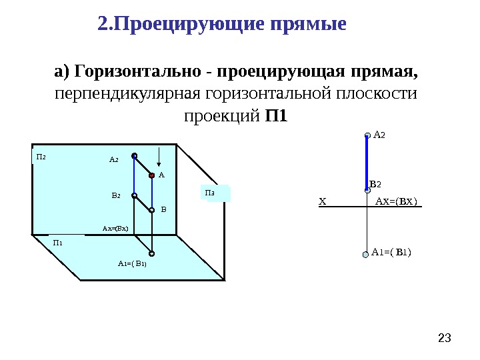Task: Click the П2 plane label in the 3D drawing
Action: pos(41,157)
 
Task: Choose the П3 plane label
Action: pos(210,193)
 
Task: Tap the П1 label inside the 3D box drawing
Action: pos(58,243)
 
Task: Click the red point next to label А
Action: pos(152,175)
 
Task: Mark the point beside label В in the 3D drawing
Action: pos(152,209)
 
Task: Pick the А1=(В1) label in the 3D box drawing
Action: pos(132,263)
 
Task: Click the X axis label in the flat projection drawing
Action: pos(323,201)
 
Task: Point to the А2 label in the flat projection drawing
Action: pos(379,135)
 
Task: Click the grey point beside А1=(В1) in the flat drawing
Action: pos(365,255)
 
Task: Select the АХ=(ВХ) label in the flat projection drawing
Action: pos(396,201)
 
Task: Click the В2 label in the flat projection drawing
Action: pos(375,183)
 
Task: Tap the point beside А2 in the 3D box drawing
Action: pos(134,156)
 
